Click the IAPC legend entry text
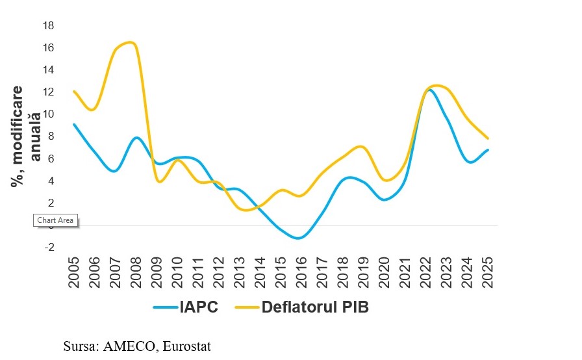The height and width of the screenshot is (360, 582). [x=199, y=307]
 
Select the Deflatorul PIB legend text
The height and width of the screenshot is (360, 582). [x=315, y=307]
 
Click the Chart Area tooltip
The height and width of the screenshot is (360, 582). [x=55, y=220]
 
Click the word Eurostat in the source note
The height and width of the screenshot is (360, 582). [x=188, y=346]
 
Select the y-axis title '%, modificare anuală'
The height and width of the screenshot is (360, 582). [x=26, y=136]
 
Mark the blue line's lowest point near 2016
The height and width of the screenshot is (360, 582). [x=298, y=238]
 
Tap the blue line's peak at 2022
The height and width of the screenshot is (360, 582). [x=429, y=90]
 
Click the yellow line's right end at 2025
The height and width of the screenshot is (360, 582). [x=488, y=138]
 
